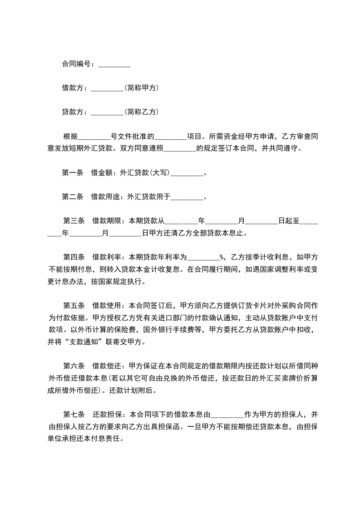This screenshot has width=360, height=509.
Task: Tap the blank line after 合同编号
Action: pos(114,65)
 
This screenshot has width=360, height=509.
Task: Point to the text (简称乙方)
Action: pos(141,112)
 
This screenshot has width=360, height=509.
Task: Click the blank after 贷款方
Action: pos(107,113)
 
